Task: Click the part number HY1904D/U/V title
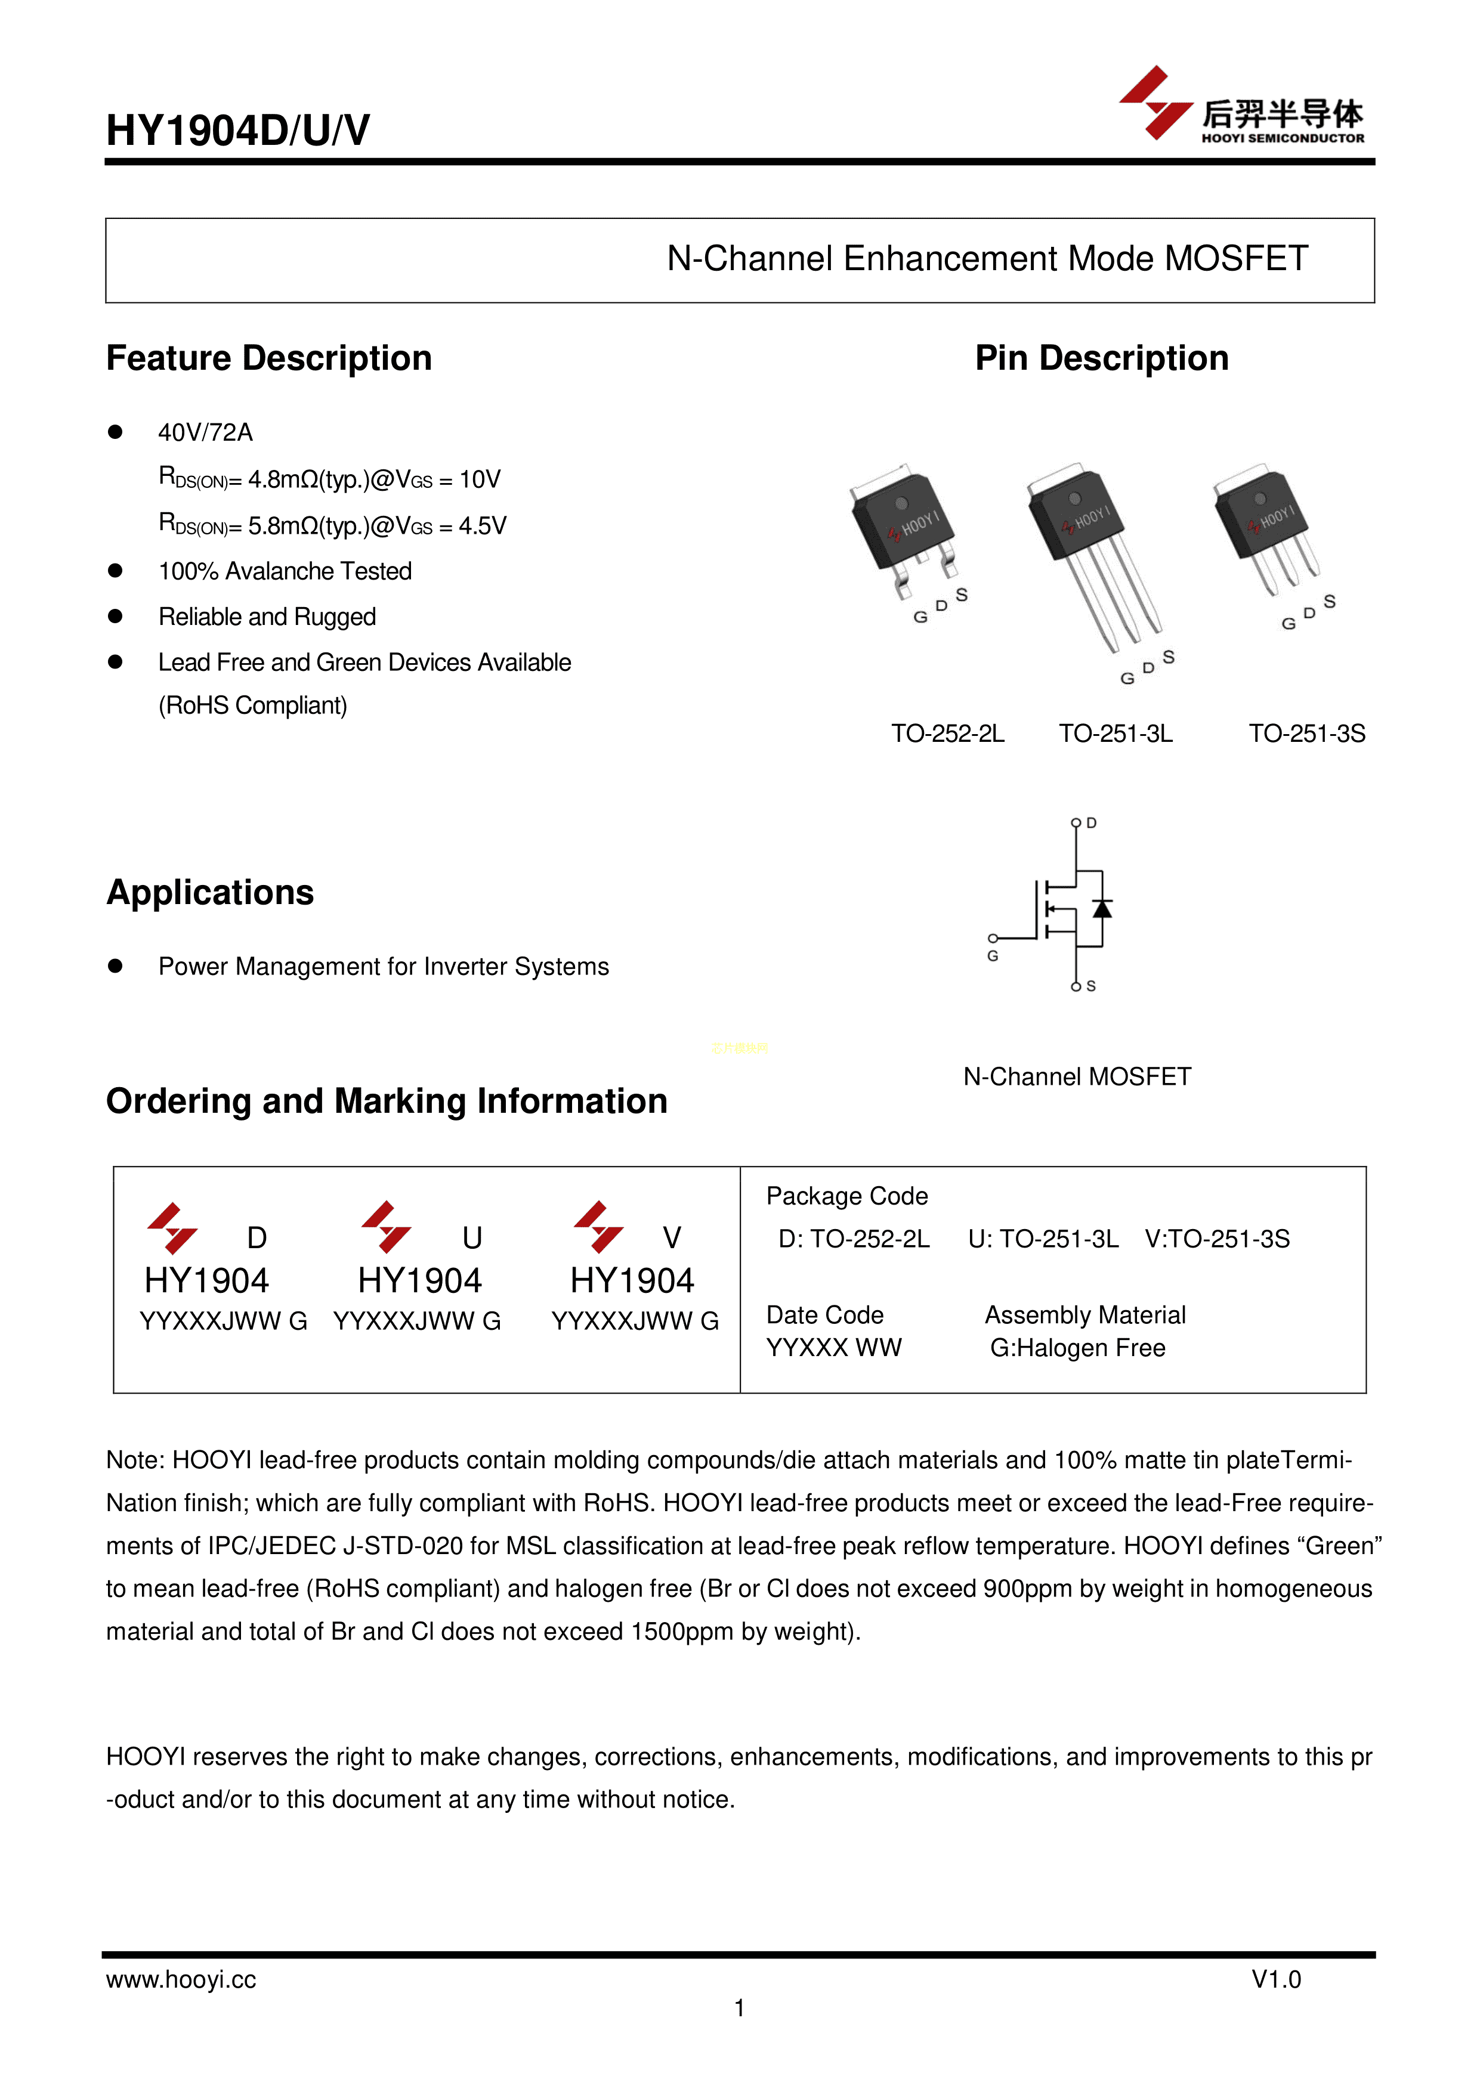[x=238, y=130]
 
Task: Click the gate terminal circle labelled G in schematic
[x=993, y=937]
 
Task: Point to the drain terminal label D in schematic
[x=1092, y=824]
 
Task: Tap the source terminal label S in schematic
[x=1091, y=986]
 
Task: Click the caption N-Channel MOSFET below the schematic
[x=1076, y=1077]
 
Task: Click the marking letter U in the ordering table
[x=471, y=1237]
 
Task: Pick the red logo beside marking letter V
[x=599, y=1227]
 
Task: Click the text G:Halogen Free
[x=1077, y=1348]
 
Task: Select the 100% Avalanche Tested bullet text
[x=285, y=571]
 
